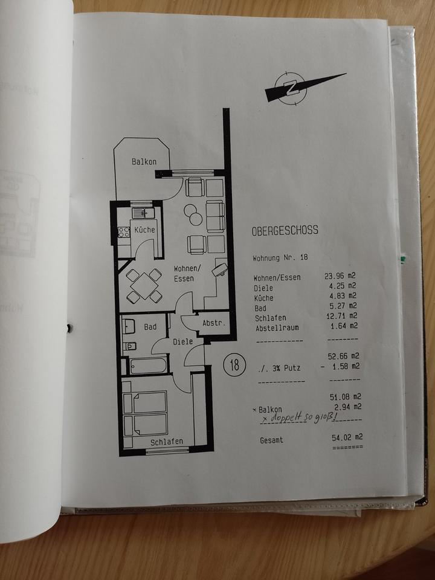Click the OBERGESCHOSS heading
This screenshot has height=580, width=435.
coord(285,231)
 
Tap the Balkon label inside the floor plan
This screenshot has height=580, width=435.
coord(144,162)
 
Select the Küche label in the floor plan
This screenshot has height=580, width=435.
coord(145,230)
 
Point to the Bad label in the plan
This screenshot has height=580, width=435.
coord(150,327)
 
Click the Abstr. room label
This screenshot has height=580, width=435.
coord(214,323)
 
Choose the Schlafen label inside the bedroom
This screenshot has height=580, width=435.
coord(167,442)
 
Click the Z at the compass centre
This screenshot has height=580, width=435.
coord(292,86)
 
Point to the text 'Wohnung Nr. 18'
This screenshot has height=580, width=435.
coord(280,257)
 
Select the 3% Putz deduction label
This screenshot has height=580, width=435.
coord(280,367)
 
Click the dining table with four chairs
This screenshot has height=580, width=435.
coord(144,285)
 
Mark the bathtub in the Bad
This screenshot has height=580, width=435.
coord(147,366)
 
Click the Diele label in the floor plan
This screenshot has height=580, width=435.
coord(183,341)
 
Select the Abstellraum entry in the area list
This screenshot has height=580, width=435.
coord(277,327)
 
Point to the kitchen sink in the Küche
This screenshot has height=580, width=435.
coord(143,213)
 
